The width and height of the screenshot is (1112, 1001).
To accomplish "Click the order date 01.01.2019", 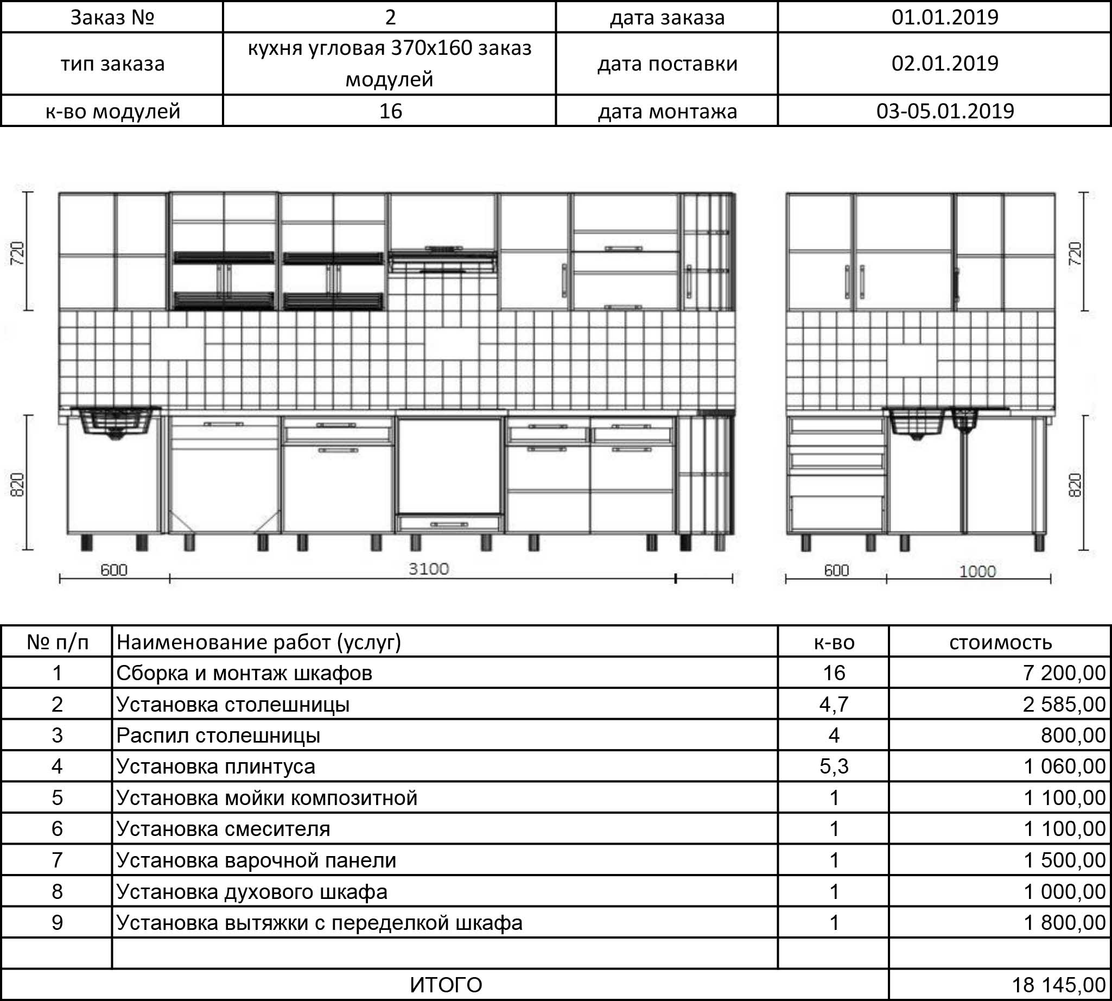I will [944, 17].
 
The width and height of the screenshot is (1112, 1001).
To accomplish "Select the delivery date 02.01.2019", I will [944, 64].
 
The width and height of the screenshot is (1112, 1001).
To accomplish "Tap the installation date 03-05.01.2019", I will [944, 111].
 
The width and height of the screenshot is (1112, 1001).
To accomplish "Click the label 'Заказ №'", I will [112, 17].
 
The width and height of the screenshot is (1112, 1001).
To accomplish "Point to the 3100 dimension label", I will [428, 569].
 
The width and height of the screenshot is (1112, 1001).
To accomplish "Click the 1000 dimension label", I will [977, 572].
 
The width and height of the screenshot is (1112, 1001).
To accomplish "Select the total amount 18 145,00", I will [1058, 985].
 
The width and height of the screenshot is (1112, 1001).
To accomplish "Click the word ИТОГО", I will [446, 985].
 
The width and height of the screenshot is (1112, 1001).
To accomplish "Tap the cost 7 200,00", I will [1064, 673].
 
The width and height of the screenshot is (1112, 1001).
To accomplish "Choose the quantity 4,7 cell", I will [833, 704].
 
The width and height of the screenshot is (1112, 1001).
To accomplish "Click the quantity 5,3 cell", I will [833, 766].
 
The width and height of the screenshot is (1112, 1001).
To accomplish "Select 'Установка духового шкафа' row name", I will [252, 891].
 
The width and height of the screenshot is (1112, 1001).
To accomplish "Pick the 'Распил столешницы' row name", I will [218, 736].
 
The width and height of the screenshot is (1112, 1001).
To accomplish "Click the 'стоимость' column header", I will [1000, 642].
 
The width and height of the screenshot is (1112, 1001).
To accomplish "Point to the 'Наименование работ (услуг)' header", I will [258, 642].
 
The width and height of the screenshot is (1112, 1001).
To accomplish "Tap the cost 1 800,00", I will [1064, 922].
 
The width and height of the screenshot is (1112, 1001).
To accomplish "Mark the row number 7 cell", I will [57, 860].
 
